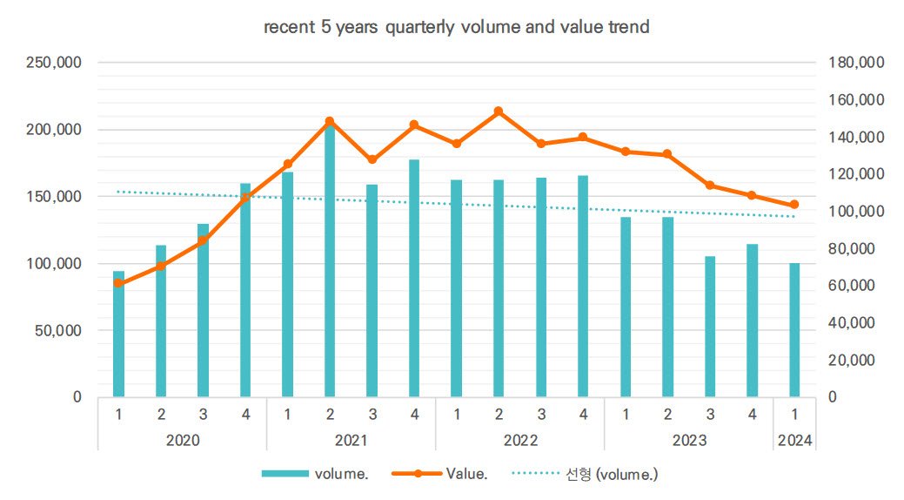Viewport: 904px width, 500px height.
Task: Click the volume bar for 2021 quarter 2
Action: pos(330,260)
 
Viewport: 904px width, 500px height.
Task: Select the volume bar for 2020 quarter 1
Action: pos(119,334)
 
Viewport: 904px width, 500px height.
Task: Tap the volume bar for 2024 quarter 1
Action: pos(794,330)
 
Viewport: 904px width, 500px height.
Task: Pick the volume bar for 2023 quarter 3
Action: pos(710,327)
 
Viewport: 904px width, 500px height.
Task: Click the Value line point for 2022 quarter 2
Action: pos(499,111)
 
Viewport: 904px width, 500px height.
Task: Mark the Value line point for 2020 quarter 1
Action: pos(119,283)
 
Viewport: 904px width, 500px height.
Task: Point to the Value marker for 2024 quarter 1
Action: pos(794,205)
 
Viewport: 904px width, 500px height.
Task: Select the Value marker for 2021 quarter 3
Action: pos(372,159)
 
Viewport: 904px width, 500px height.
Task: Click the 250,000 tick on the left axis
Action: pos(54,63)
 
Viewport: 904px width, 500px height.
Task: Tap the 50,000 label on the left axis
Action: pos(58,330)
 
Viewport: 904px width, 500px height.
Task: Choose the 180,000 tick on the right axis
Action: pos(856,63)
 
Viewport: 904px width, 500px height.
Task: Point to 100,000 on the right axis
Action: pos(856,212)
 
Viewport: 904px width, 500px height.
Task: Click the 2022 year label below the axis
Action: pos(520,441)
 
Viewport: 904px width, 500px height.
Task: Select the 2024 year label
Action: pos(794,441)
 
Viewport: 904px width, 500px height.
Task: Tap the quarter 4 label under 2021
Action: pos(414,415)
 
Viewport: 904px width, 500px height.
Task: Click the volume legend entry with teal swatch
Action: pos(315,474)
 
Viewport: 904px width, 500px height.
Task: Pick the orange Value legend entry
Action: pos(439,474)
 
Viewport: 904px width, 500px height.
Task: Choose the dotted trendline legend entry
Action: pos(585,474)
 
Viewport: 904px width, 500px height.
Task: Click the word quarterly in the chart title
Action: pos(419,27)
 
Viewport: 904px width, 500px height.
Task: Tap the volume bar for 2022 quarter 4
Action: pos(583,287)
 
